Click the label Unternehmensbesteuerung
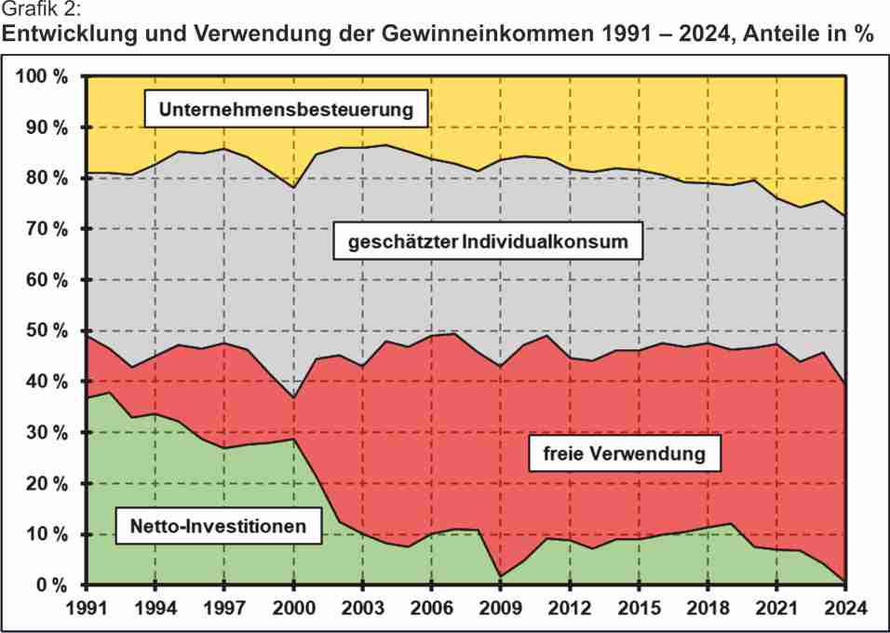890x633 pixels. coord(286,109)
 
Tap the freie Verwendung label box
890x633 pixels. coord(619,455)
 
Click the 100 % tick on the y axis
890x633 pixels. coord(43,76)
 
